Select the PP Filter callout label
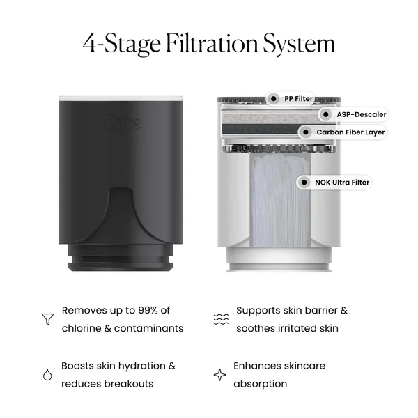click(298, 98)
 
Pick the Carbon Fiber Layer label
click(350, 132)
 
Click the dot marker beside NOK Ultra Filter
click(304, 183)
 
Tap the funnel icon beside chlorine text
click(47, 319)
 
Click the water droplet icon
click(47, 375)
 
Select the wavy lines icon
click(220, 319)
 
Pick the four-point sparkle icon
click(219, 375)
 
